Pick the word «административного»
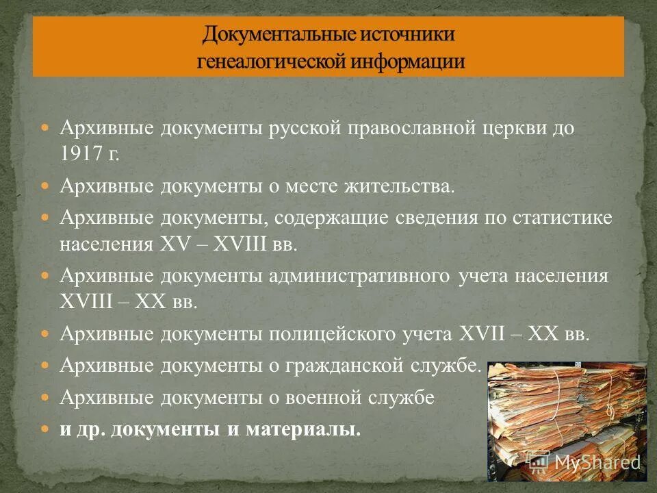pyautogui.click(x=359, y=277)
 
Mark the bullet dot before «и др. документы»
pyautogui.click(x=46, y=429)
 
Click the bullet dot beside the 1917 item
pyautogui.click(x=46, y=128)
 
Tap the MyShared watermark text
pyautogui.click(x=595, y=462)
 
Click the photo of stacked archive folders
pyautogui.click(x=566, y=418)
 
